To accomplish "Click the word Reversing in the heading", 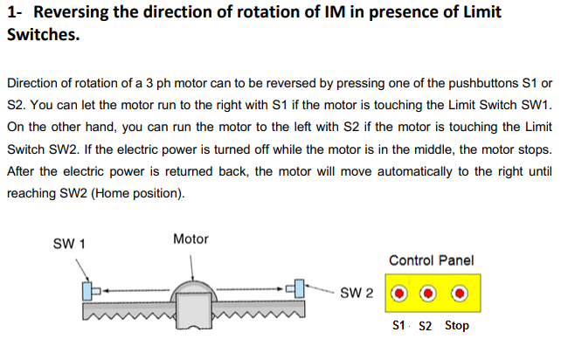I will click(73, 13).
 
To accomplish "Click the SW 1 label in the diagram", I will click(69, 244).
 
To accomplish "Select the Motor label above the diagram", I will click(190, 239).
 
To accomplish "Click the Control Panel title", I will click(431, 260).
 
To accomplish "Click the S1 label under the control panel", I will click(399, 326).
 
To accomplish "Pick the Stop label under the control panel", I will click(456, 326).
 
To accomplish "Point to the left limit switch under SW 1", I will click(87, 290).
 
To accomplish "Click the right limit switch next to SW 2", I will click(297, 287).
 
